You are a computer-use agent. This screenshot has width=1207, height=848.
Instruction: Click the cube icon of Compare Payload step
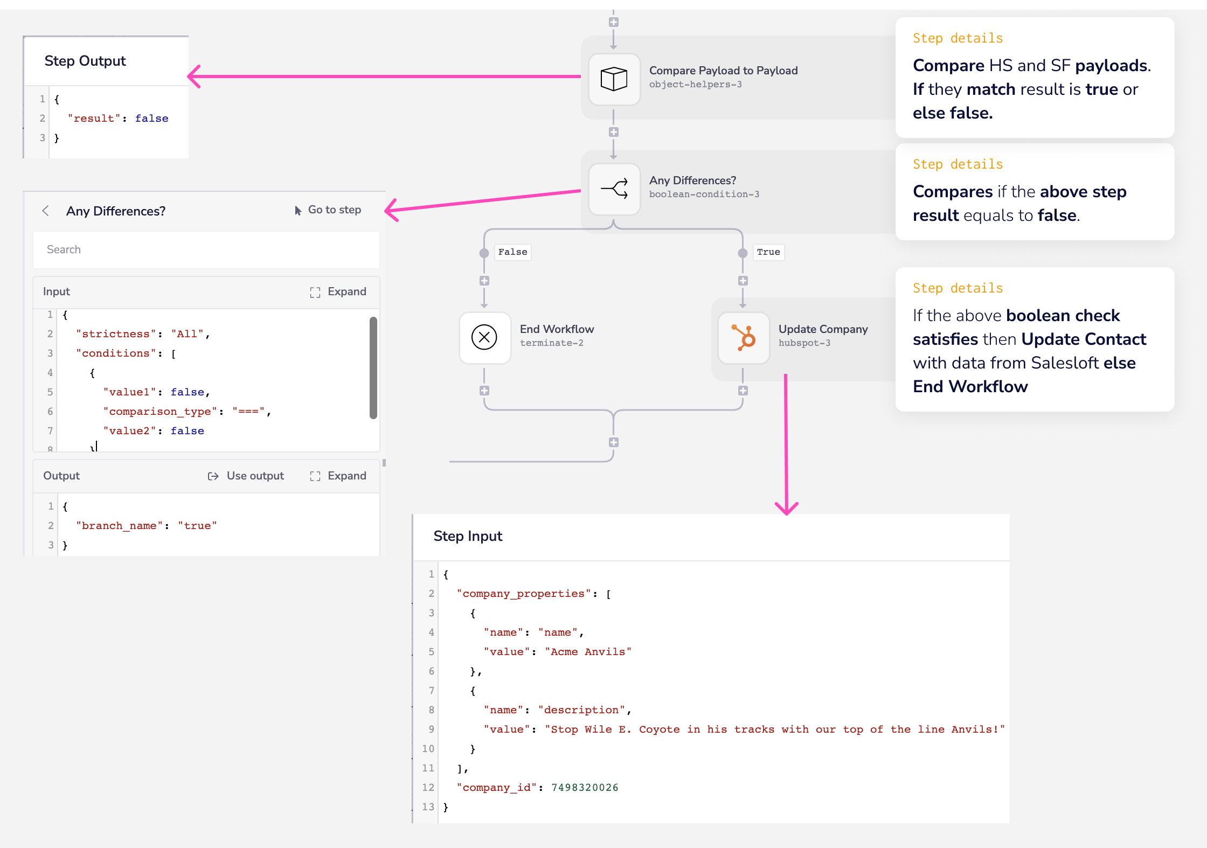click(x=614, y=79)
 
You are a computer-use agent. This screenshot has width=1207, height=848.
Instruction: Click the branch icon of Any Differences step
click(x=614, y=189)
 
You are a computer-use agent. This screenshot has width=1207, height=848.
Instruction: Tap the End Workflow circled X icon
click(x=484, y=338)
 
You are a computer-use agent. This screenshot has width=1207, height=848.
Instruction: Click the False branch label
click(x=512, y=252)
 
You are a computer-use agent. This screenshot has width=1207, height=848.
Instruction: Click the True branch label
click(x=768, y=252)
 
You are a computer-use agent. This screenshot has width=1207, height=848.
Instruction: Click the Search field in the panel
click(x=206, y=249)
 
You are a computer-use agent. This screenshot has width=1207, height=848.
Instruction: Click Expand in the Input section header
click(x=338, y=291)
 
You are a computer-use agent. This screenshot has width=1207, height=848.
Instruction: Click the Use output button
click(x=246, y=476)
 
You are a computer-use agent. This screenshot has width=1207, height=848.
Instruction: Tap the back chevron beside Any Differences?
click(x=46, y=211)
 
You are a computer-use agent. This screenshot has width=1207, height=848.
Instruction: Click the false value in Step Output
click(x=151, y=119)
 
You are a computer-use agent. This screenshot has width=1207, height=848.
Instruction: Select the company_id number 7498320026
click(x=585, y=788)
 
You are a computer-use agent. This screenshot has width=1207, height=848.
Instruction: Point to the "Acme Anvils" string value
click(x=588, y=652)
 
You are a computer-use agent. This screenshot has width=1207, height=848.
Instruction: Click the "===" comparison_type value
click(x=248, y=412)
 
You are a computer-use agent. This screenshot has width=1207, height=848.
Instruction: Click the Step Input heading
click(x=468, y=536)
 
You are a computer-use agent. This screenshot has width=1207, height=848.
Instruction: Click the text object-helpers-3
click(x=695, y=85)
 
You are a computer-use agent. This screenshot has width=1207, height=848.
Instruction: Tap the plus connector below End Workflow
click(x=484, y=391)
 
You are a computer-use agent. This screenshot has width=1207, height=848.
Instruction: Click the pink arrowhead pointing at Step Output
click(x=194, y=77)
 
